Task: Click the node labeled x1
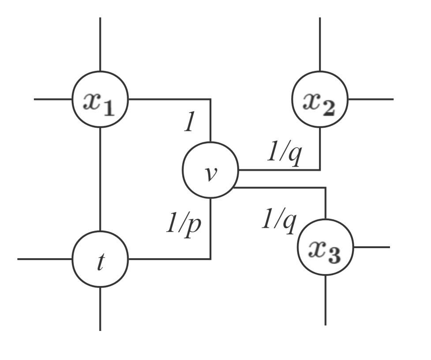[x=100, y=99]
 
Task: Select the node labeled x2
[x=319, y=99]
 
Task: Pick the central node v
[x=210, y=170]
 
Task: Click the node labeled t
[x=100, y=259]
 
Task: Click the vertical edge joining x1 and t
[x=100, y=178]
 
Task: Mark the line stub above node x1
[x=100, y=44]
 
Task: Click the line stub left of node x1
[x=53, y=99]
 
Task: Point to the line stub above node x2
[x=319, y=44]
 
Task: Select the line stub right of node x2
[x=371, y=99]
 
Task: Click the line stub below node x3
[x=326, y=300]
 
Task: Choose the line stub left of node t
[x=44, y=259]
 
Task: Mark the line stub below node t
[x=100, y=308]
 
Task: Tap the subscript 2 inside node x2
[x=329, y=107]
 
